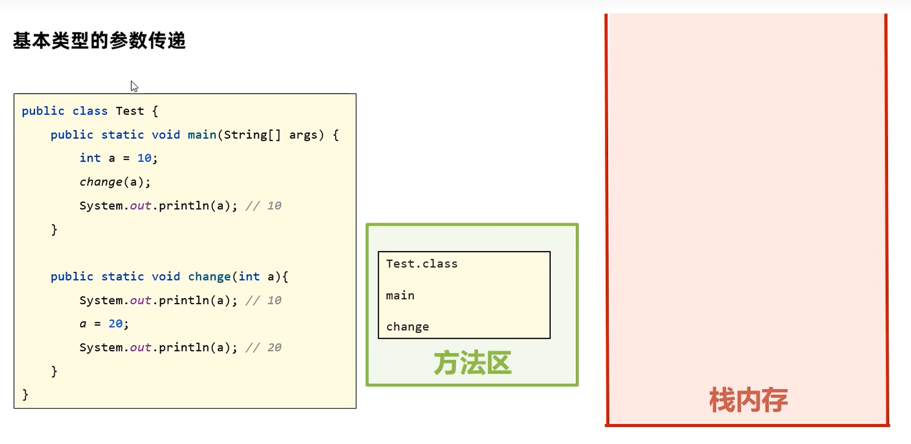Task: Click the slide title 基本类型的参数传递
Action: [x=99, y=40]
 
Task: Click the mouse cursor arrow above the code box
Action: [x=134, y=86]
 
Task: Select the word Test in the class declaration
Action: [x=130, y=111]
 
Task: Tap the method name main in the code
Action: [x=202, y=135]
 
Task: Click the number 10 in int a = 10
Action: [x=144, y=158]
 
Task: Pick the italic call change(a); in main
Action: [x=115, y=182]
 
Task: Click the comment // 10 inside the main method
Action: [x=263, y=206]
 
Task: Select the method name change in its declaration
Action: [x=209, y=277]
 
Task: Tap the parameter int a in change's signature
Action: [x=256, y=277]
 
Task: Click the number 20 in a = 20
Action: [x=115, y=324]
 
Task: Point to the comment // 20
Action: [x=263, y=347]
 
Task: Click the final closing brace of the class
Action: [x=25, y=394]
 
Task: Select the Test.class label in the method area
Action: [x=422, y=264]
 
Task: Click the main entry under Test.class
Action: [x=400, y=295]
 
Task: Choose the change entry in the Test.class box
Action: [x=407, y=327]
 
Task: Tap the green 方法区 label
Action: [x=472, y=363]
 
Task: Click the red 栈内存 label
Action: [x=748, y=400]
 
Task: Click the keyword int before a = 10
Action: [x=90, y=158]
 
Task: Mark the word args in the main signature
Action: [x=303, y=135]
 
